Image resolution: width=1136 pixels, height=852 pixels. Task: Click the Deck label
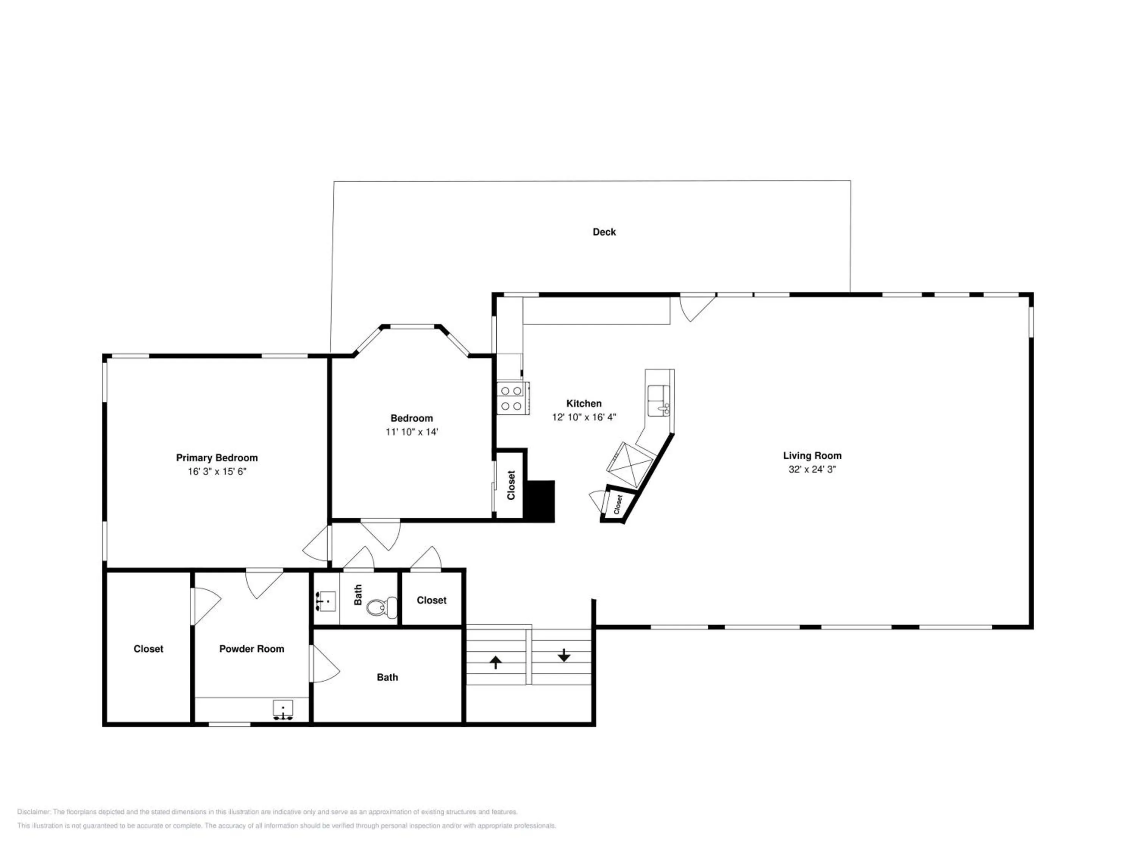pyautogui.click(x=604, y=232)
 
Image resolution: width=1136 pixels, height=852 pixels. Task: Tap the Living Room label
pyautogui.click(x=812, y=456)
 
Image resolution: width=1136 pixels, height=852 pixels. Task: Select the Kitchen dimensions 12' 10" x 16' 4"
pyautogui.click(x=584, y=417)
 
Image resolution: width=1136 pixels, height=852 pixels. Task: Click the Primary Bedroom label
pyautogui.click(x=217, y=457)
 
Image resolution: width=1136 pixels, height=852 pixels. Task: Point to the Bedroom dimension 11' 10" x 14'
pyautogui.click(x=412, y=432)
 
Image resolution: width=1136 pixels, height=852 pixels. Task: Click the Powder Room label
pyautogui.click(x=252, y=649)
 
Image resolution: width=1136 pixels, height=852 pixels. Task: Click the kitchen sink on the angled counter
pyautogui.click(x=659, y=401)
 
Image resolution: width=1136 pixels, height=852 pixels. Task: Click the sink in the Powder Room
pyautogui.click(x=283, y=710)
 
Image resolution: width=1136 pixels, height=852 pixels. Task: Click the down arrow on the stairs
pyautogui.click(x=564, y=655)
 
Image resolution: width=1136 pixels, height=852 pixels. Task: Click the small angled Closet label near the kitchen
pyautogui.click(x=618, y=504)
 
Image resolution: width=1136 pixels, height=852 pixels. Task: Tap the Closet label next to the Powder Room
pyautogui.click(x=148, y=649)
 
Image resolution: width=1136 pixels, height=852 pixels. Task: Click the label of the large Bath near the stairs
pyautogui.click(x=387, y=677)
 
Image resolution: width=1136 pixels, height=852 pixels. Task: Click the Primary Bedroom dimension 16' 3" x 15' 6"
pyautogui.click(x=217, y=471)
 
